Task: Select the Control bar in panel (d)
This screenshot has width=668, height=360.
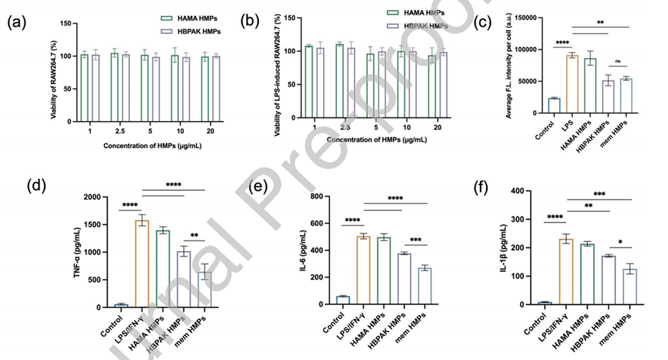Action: [122, 305]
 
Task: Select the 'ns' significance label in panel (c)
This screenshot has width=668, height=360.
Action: [618, 61]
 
